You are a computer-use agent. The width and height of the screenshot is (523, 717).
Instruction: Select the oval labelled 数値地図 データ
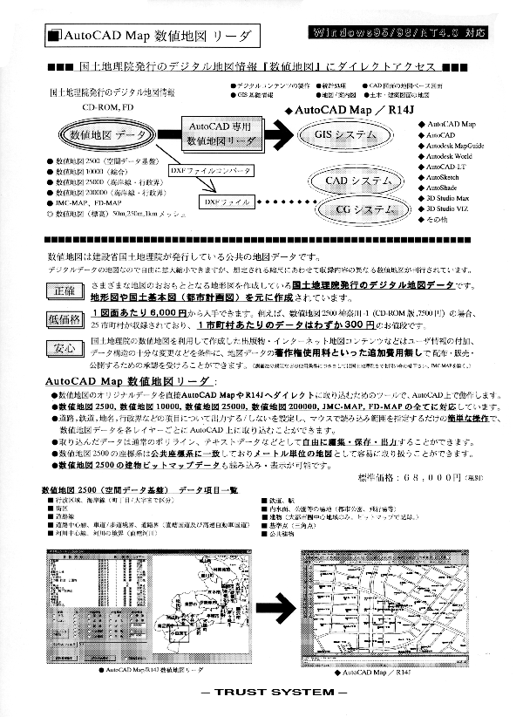(x=105, y=136)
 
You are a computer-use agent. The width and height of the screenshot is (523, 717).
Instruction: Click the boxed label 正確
(x=65, y=290)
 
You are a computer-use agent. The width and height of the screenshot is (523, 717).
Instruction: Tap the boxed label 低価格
(x=65, y=318)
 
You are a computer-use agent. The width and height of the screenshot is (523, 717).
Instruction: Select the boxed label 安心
(x=65, y=350)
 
